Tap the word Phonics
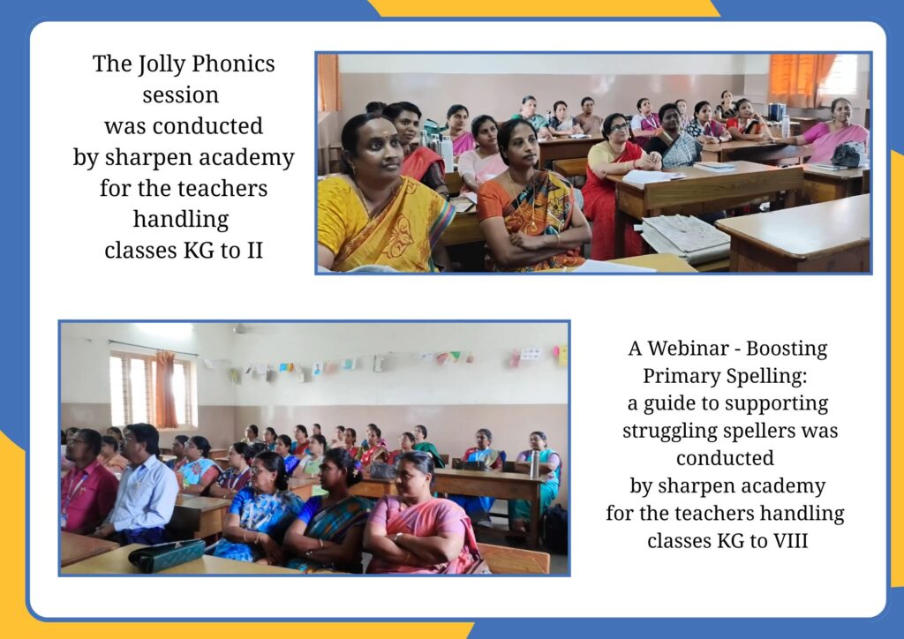click(x=233, y=64)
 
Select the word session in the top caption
click(x=180, y=95)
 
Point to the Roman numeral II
click(x=255, y=250)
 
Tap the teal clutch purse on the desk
click(x=167, y=555)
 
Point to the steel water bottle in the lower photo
click(x=534, y=464)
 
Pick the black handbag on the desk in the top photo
click(x=848, y=154)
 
